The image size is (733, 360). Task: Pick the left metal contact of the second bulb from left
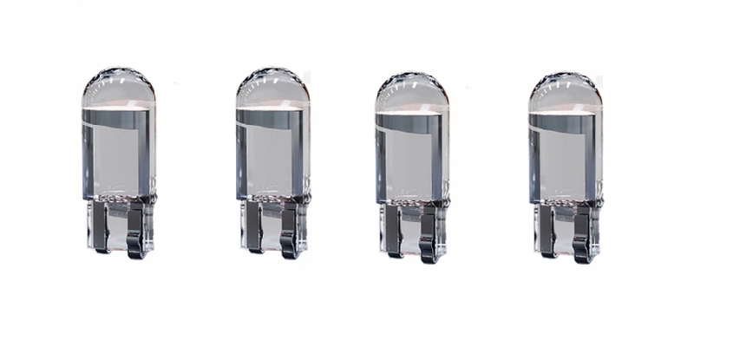[253, 229]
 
